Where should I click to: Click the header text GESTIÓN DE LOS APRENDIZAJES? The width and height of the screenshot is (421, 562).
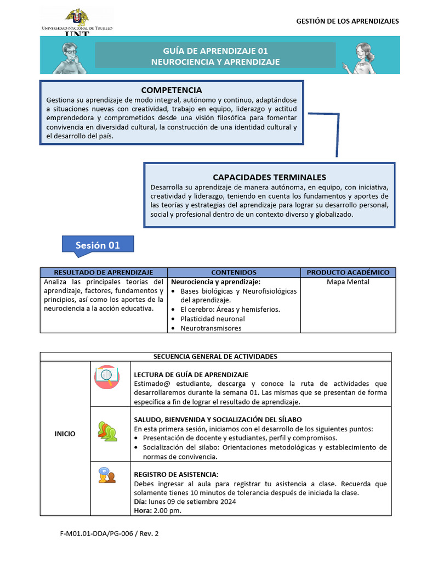tap(348, 21)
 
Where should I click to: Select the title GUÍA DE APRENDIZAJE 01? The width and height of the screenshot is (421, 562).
tap(215, 50)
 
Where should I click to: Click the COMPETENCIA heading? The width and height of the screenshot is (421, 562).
tap(171, 90)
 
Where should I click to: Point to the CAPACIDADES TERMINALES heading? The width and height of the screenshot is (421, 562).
tap(269, 177)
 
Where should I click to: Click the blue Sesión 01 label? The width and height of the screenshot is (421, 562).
tap(98, 245)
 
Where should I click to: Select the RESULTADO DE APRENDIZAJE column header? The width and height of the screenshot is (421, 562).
tap(103, 272)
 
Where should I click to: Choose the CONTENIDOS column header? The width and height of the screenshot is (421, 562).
tap(234, 272)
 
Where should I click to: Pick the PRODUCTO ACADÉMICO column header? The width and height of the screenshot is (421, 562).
tap(348, 272)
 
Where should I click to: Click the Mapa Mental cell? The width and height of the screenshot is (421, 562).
tap(348, 282)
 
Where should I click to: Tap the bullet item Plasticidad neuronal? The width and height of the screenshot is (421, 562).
tap(213, 319)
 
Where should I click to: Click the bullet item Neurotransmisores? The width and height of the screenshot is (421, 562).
tap(210, 328)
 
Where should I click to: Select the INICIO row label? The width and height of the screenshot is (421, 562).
tap(65, 434)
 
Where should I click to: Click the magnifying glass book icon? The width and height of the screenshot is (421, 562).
tap(107, 376)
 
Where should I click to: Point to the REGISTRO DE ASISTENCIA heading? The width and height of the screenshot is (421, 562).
tap(177, 474)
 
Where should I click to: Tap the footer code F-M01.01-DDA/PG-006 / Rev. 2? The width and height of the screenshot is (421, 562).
tap(109, 533)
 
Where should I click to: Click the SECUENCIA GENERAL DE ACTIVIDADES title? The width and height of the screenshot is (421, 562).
tap(215, 357)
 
